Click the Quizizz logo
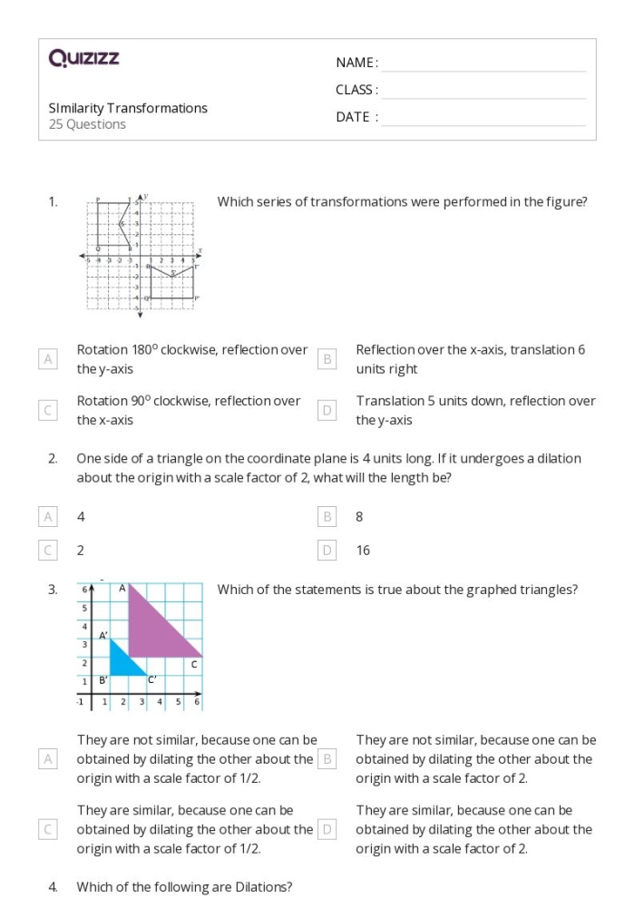84,59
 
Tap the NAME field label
357,63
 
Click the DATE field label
357,117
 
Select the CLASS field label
357,90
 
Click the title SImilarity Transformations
128,108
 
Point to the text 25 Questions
87,124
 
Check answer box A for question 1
49,359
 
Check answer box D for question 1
328,410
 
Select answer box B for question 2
328,517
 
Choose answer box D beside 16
328,550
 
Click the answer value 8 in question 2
359,517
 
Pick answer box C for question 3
49,829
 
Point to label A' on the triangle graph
104,636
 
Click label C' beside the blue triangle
152,679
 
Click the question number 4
53,886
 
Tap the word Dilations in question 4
266,886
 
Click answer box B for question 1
328,359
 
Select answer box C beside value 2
49,550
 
